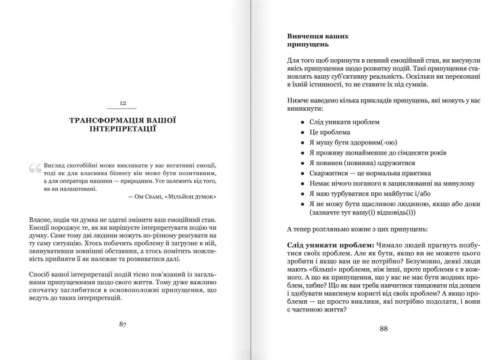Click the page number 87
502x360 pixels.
[123, 324]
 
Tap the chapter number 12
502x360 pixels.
[123, 103]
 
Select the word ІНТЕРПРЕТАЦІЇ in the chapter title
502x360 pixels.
[123, 129]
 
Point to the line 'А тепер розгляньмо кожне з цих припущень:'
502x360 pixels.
[362, 229]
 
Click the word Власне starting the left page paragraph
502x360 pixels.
[41, 220]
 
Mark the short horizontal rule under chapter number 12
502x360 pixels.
[123, 110]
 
